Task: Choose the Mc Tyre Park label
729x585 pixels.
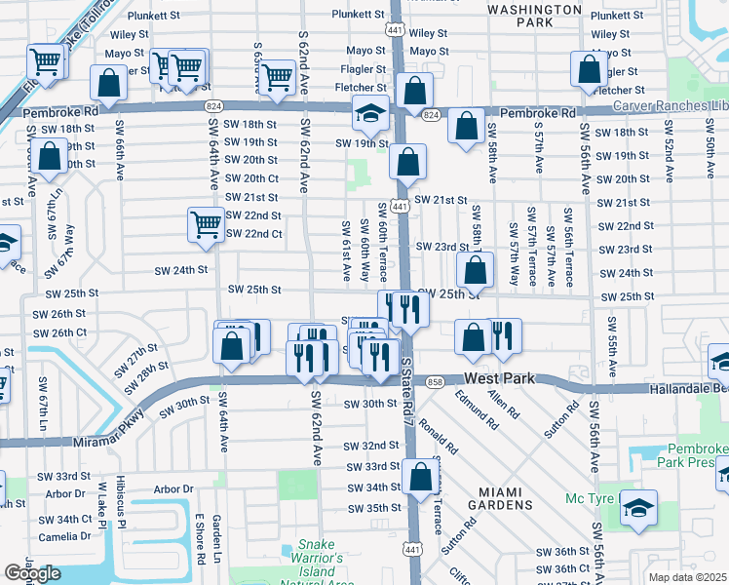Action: pyautogui.click(x=594, y=499)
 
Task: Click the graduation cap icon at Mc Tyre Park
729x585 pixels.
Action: pyautogui.click(x=638, y=509)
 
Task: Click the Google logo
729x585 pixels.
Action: pyautogui.click(x=32, y=573)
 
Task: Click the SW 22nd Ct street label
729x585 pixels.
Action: pyautogui.click(x=253, y=234)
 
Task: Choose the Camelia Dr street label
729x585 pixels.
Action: pyautogui.click(x=64, y=536)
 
